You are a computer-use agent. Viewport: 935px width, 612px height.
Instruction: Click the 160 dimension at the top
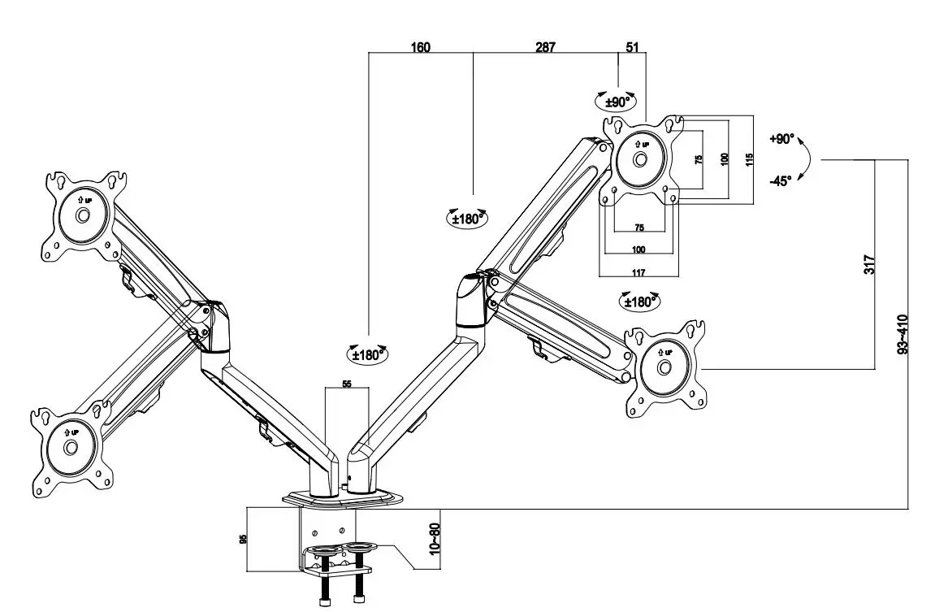[420, 47]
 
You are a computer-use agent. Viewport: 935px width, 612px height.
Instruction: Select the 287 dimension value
[545, 47]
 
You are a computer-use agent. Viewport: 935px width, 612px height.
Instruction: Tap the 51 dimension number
[632, 47]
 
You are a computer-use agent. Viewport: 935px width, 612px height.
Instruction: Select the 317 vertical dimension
[868, 264]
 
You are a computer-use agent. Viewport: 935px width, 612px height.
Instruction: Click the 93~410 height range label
[902, 333]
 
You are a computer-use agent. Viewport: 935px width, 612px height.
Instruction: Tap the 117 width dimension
[638, 271]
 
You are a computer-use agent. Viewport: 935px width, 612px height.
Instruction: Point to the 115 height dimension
[750, 159]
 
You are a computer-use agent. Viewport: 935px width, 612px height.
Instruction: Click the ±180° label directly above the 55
[369, 354]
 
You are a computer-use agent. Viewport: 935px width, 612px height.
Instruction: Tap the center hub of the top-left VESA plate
[83, 215]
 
